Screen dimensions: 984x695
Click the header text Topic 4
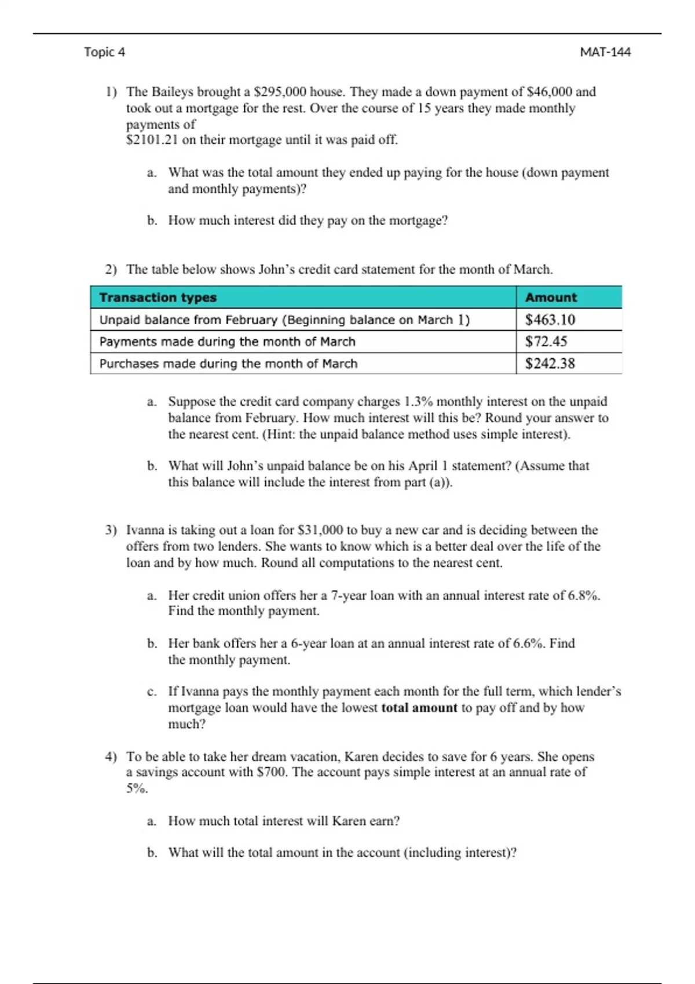(104, 52)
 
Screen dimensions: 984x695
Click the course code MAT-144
(605, 52)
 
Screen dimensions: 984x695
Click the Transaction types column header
(158, 298)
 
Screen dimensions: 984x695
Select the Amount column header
(551, 298)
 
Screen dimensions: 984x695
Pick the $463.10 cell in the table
(550, 320)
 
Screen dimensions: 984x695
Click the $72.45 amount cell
(546, 342)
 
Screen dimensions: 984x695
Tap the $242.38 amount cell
(550, 364)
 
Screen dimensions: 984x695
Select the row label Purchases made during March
(228, 364)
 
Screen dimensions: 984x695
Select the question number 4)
(111, 757)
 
